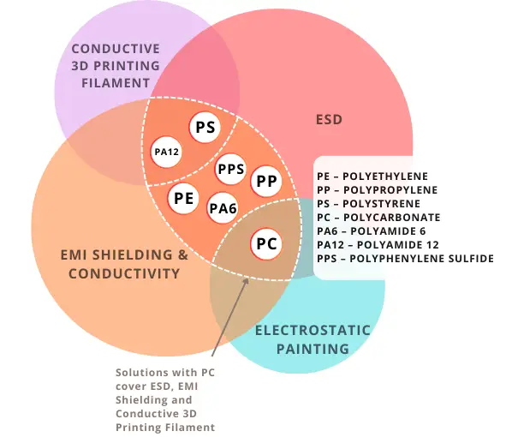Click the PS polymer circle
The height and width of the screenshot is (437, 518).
[205, 129]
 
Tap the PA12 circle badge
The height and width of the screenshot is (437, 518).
[166, 153]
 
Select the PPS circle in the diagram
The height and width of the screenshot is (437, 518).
[231, 169]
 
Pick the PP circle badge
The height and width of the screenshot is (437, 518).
[265, 182]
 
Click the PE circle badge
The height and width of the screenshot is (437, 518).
[182, 198]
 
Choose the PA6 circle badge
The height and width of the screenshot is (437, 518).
[223, 207]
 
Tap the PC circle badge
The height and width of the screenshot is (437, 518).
[267, 244]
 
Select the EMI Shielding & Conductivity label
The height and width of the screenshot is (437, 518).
[124, 264]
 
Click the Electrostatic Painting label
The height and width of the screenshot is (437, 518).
[313, 339]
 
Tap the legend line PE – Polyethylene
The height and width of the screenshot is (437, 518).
[372, 176]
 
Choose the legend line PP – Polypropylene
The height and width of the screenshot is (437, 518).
[377, 189]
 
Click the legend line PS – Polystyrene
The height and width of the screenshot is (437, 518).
[368, 203]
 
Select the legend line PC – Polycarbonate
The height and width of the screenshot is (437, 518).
[374, 217]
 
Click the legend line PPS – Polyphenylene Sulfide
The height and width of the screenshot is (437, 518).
[405, 258]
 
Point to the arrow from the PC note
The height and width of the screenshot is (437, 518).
[229, 317]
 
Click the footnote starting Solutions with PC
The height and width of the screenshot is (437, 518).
[165, 399]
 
